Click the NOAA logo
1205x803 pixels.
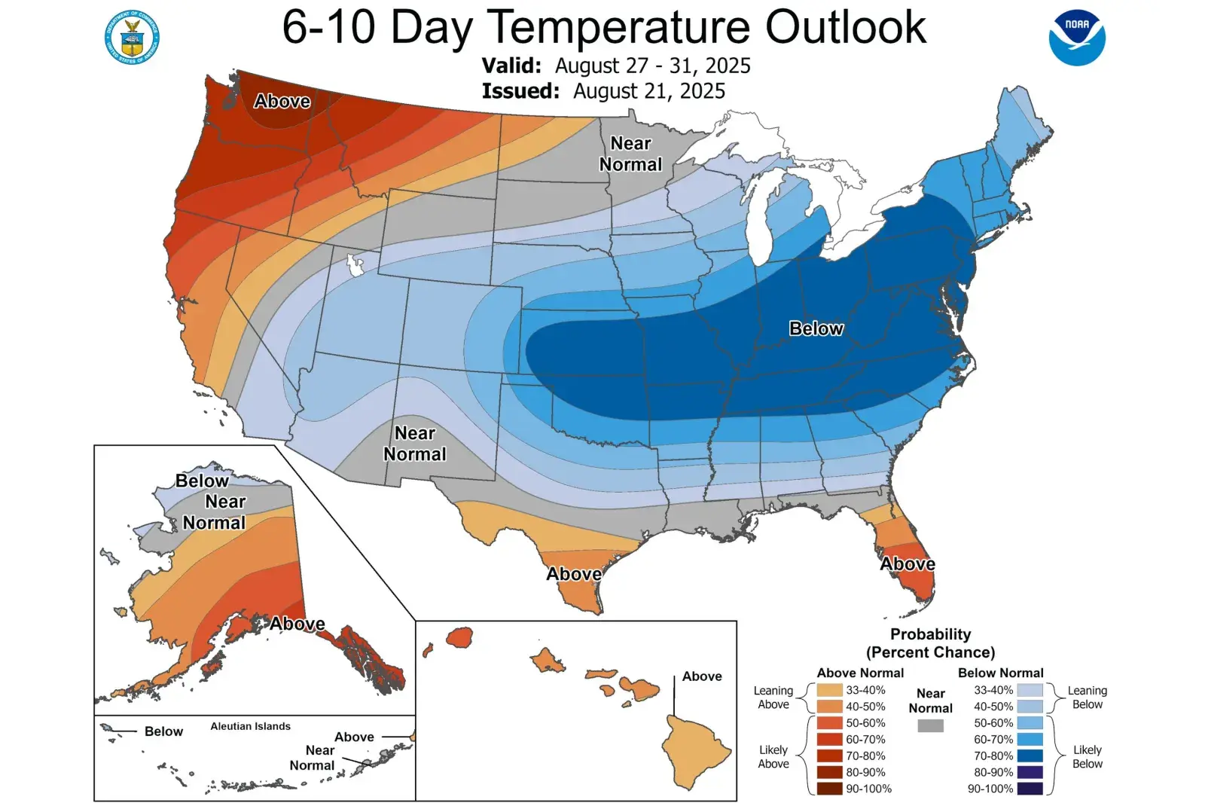pyautogui.click(x=1077, y=38)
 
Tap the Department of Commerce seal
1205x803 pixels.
pyautogui.click(x=133, y=37)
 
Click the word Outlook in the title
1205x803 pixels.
pyautogui.click(x=846, y=27)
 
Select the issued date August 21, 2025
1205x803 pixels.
pyautogui.click(x=649, y=91)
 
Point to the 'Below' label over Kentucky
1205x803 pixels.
pyautogui.click(x=816, y=328)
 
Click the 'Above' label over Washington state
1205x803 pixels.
pyautogui.click(x=282, y=101)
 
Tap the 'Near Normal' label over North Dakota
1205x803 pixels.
pyautogui.click(x=631, y=154)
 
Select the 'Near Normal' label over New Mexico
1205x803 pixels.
pyautogui.click(x=415, y=444)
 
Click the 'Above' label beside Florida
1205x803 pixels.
pyautogui.click(x=908, y=563)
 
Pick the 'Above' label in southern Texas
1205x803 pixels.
pyautogui.click(x=574, y=574)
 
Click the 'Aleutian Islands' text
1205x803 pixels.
pyautogui.click(x=250, y=726)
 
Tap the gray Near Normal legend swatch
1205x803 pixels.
pyautogui.click(x=931, y=725)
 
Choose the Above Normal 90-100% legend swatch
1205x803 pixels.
pyautogui.click(x=829, y=789)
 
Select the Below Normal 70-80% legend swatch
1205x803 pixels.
pyautogui.click(x=1030, y=756)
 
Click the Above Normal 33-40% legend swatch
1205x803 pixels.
pyautogui.click(x=829, y=690)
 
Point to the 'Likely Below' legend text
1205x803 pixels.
pyautogui.click(x=1087, y=756)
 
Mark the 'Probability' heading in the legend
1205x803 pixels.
pyautogui.click(x=931, y=634)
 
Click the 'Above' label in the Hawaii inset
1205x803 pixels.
pyautogui.click(x=702, y=676)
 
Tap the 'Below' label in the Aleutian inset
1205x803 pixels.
pyautogui.click(x=163, y=731)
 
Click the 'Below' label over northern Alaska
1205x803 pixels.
pyautogui.click(x=202, y=481)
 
